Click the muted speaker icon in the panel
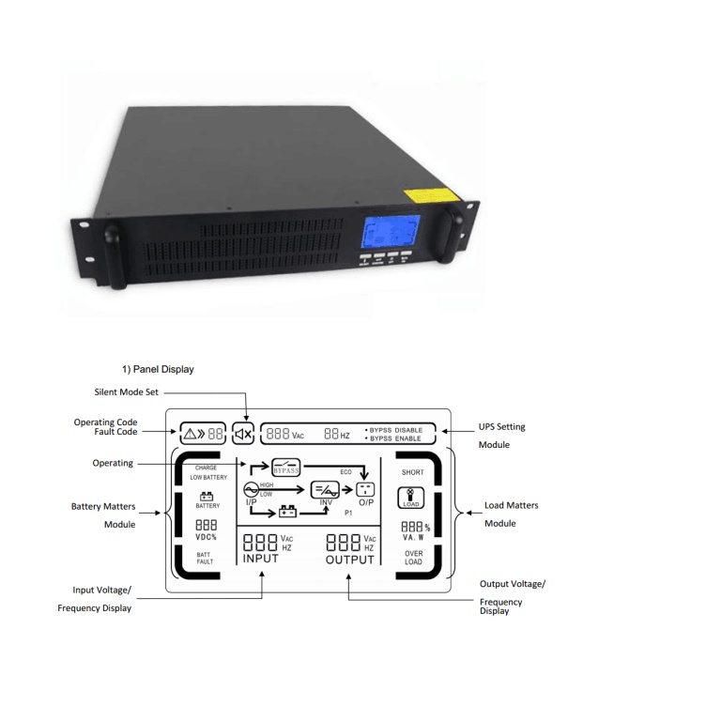243,434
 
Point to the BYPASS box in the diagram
284,467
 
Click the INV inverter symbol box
325,489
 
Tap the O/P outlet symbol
365,490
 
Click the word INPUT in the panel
261,560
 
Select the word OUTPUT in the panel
349,560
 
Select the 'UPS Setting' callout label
502,426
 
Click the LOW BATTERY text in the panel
208,477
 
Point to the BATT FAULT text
205,558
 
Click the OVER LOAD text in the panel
413,558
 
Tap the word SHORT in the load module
413,472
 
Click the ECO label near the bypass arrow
346,472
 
